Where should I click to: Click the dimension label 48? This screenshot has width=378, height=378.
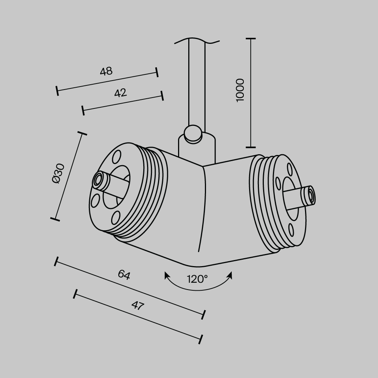tap(106, 71)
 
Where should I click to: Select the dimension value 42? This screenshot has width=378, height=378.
tap(120, 93)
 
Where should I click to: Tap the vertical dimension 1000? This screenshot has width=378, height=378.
tap(240, 90)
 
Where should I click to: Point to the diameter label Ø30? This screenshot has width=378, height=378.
tap(59, 174)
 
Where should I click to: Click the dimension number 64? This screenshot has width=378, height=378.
tap(124, 275)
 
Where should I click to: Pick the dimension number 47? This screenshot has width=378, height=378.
tap(138, 305)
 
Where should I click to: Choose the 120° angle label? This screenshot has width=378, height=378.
tap(197, 279)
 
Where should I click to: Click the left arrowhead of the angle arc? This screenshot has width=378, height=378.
tap(166, 275)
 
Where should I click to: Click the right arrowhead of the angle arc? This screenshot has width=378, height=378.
tap(229, 275)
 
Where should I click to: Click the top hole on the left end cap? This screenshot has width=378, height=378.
tap(117, 156)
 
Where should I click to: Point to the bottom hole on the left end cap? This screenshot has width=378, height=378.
tap(115, 217)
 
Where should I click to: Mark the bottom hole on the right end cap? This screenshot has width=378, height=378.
tap(291, 230)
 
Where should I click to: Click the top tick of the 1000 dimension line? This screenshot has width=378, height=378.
tap(251, 39)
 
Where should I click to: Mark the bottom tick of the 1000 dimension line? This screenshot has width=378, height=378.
tap(251, 147)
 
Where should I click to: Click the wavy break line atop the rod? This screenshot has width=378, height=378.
tap(197, 40)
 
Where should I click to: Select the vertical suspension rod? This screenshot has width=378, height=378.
tap(197, 83)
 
